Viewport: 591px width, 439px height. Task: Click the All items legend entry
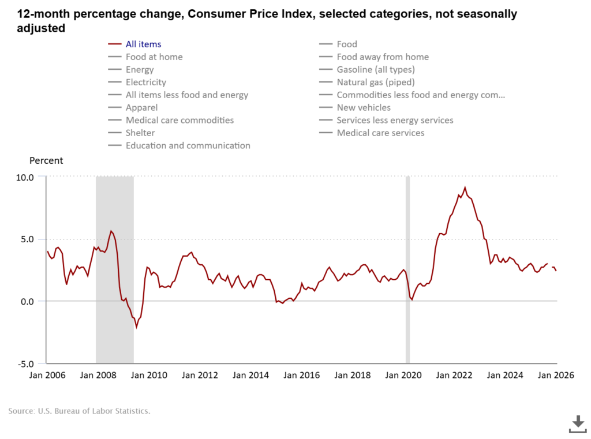(143, 44)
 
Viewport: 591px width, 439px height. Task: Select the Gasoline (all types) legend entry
(376, 69)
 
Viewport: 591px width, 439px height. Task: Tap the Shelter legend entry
(140, 133)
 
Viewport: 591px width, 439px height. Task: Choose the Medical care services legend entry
(380, 133)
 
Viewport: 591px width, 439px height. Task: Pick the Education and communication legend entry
(188, 145)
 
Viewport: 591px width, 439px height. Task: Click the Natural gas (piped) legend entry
(376, 82)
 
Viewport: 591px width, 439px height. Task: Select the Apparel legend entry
(141, 107)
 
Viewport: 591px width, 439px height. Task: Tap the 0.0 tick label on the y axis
(26, 301)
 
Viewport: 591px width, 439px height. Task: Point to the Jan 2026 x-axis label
(556, 375)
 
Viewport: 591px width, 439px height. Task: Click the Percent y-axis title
(46, 160)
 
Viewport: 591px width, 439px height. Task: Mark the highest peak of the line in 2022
(465, 187)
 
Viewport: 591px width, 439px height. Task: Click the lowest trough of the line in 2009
(137, 328)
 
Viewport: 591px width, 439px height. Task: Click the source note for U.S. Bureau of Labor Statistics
(79, 411)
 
